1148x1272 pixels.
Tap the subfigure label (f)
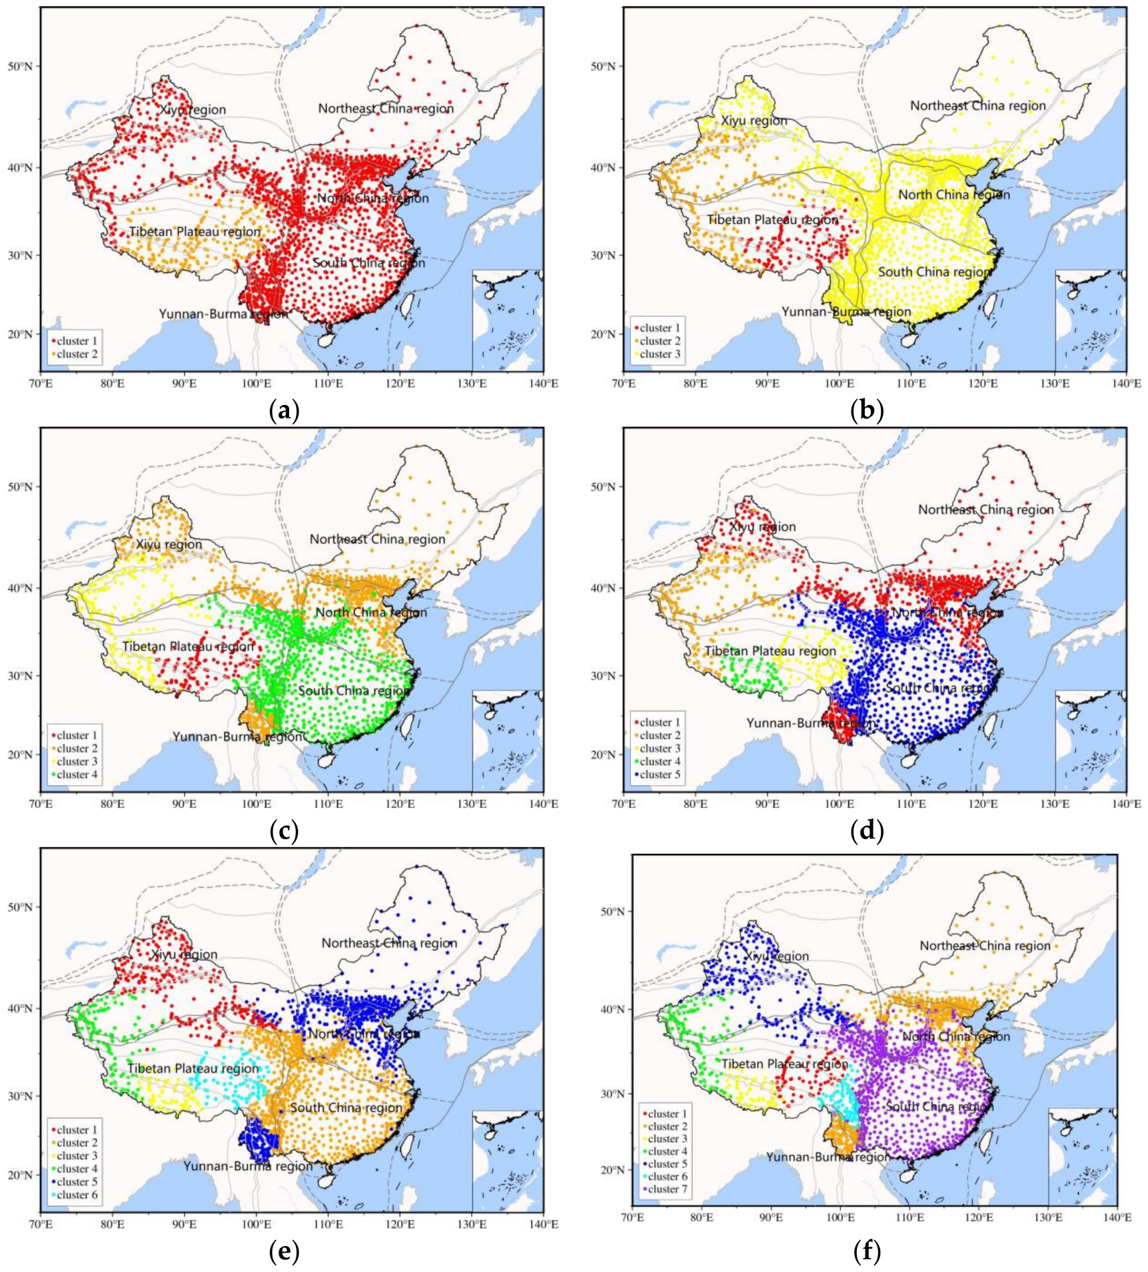click(x=867, y=1252)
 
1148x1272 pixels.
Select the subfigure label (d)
click(x=867, y=831)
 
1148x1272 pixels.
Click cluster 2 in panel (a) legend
click(x=77, y=354)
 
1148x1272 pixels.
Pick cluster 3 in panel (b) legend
click(x=660, y=354)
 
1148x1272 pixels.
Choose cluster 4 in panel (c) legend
click(x=77, y=775)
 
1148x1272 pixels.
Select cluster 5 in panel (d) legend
click(x=660, y=775)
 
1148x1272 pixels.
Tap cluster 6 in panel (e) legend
click(x=77, y=1195)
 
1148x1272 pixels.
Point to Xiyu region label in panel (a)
click(x=193, y=110)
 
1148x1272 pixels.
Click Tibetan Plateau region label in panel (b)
click(x=772, y=220)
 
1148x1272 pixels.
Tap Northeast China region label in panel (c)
click(x=377, y=539)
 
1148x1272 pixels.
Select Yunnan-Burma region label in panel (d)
click(x=811, y=723)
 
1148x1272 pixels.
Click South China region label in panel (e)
click(x=346, y=1108)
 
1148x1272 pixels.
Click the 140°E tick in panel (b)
click(x=1126, y=384)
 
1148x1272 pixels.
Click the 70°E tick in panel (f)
click(x=632, y=1217)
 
